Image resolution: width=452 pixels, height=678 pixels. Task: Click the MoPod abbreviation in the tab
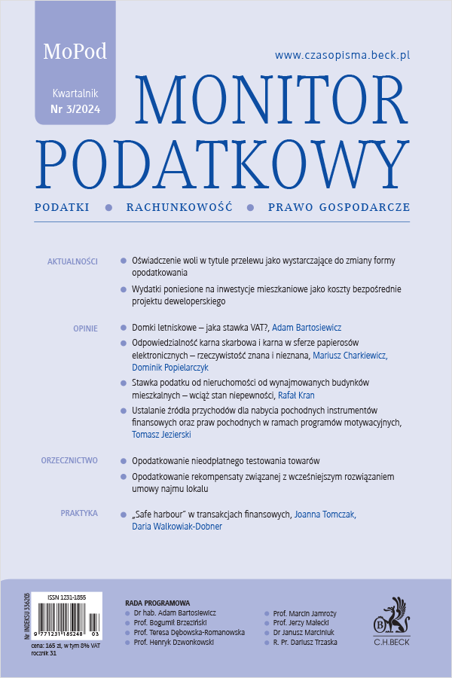click(x=75, y=51)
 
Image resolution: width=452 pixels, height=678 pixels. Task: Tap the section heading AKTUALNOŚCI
click(x=72, y=261)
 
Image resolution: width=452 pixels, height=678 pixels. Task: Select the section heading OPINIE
click(x=85, y=328)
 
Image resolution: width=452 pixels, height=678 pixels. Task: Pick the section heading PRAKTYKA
click(x=79, y=513)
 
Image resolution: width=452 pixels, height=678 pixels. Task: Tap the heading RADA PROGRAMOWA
click(x=157, y=603)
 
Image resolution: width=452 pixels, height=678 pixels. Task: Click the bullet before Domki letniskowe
click(x=124, y=328)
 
